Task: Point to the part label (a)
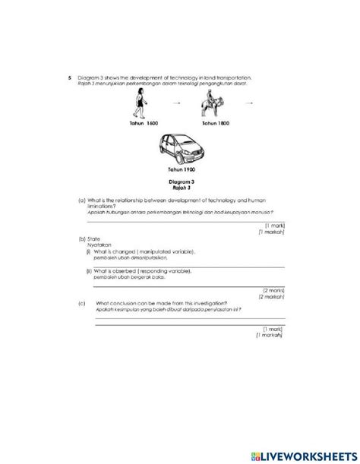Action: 81,200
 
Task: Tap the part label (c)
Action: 81,301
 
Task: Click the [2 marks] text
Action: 273,289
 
